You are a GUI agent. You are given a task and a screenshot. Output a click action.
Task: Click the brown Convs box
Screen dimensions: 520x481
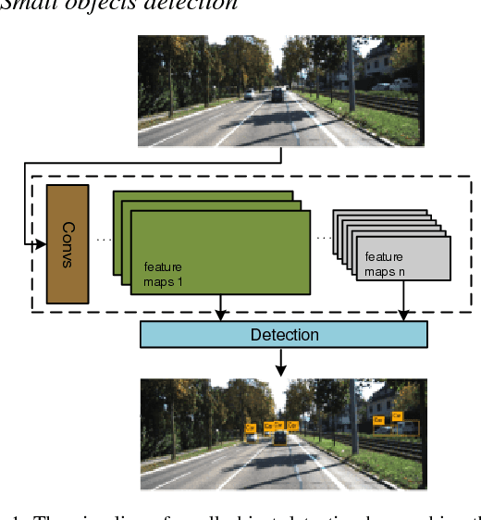click(67, 243)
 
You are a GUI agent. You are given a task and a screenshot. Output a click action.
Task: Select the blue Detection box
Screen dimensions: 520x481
click(284, 334)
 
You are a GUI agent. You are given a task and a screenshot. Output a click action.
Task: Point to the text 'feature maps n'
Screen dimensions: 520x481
click(384, 263)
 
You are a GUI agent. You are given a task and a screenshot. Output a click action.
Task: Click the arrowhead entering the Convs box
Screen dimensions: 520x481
click(40, 244)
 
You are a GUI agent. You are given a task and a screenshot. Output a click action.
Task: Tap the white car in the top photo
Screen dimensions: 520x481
click(249, 94)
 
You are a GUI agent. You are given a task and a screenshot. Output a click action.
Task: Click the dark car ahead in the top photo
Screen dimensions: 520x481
click(278, 93)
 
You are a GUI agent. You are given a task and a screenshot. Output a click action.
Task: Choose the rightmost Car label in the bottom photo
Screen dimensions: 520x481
click(397, 416)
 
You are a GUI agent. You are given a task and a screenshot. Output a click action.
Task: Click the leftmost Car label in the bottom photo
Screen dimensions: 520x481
click(250, 427)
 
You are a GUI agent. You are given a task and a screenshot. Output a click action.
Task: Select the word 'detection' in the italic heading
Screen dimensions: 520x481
click(199, 5)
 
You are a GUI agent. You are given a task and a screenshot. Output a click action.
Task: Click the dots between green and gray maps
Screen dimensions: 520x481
click(322, 238)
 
